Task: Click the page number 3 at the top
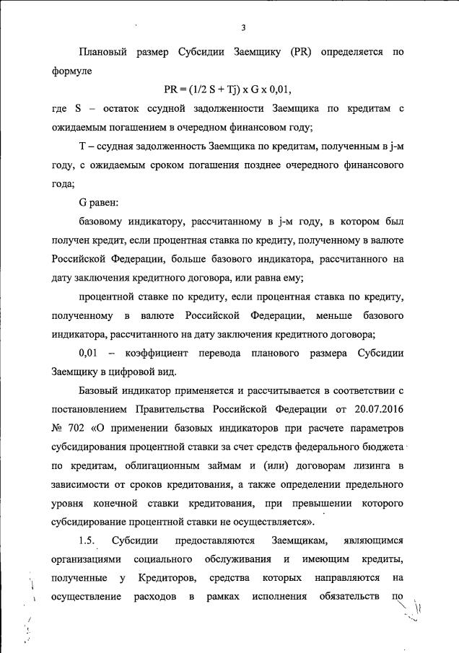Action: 244,27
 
